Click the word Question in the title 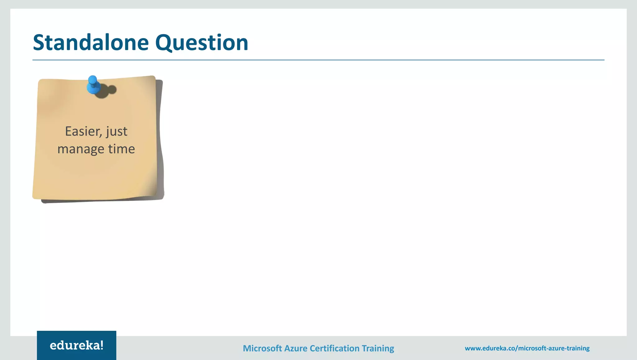point(202,43)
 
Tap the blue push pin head point(92,80)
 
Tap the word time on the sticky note point(122,149)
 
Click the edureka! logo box point(77,345)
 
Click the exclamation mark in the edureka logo point(101,345)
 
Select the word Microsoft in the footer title point(262,348)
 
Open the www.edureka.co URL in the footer point(527,348)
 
